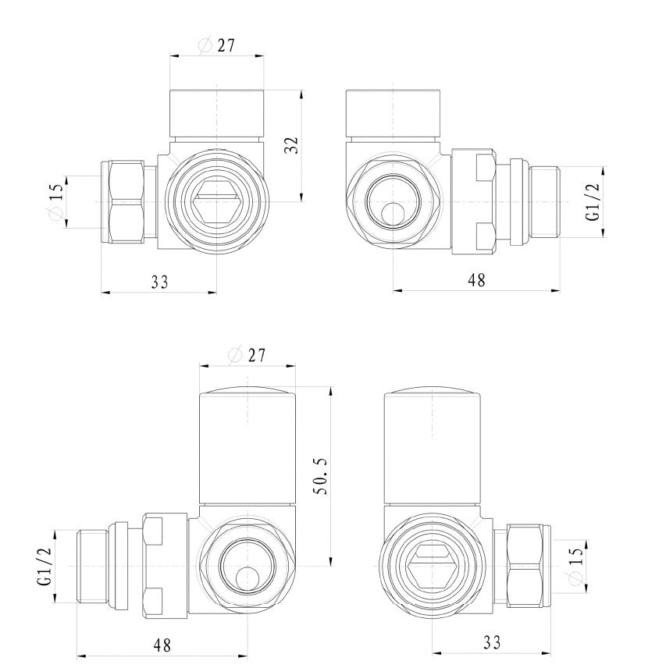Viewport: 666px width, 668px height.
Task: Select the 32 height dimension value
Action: click(291, 144)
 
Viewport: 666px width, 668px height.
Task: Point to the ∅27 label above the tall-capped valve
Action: click(248, 355)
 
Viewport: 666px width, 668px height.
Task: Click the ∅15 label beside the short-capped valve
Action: click(55, 202)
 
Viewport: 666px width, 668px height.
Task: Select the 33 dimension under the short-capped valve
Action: click(159, 281)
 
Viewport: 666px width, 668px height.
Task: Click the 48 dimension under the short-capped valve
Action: click(475, 281)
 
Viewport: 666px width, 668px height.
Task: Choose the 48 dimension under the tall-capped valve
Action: click(162, 645)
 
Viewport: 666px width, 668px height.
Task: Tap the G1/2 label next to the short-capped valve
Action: click(594, 202)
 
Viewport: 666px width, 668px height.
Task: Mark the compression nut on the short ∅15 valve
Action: click(123, 202)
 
